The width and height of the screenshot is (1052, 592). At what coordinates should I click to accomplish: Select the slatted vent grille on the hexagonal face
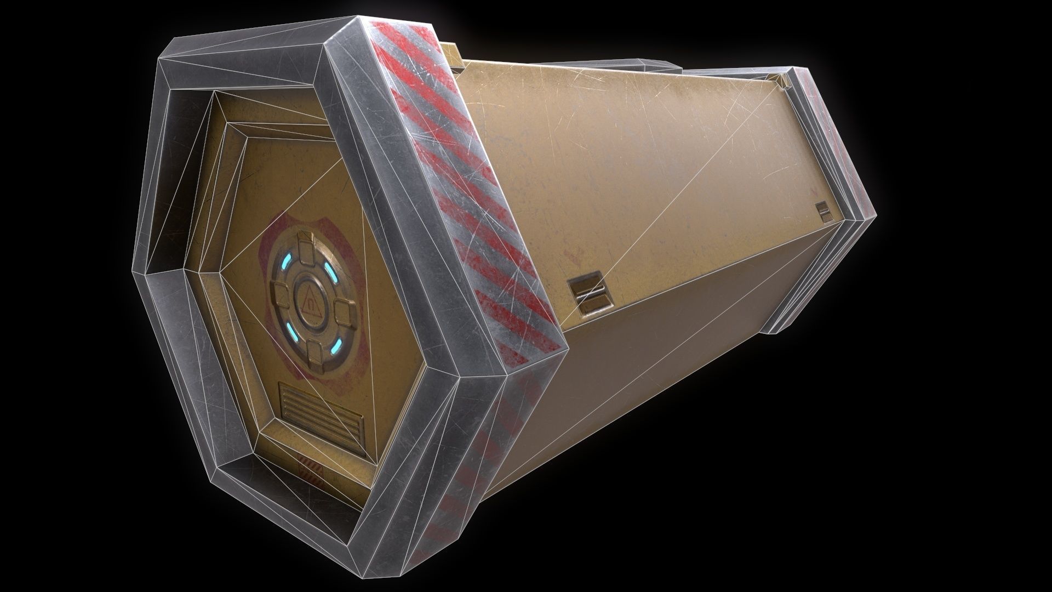coord(322,411)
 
